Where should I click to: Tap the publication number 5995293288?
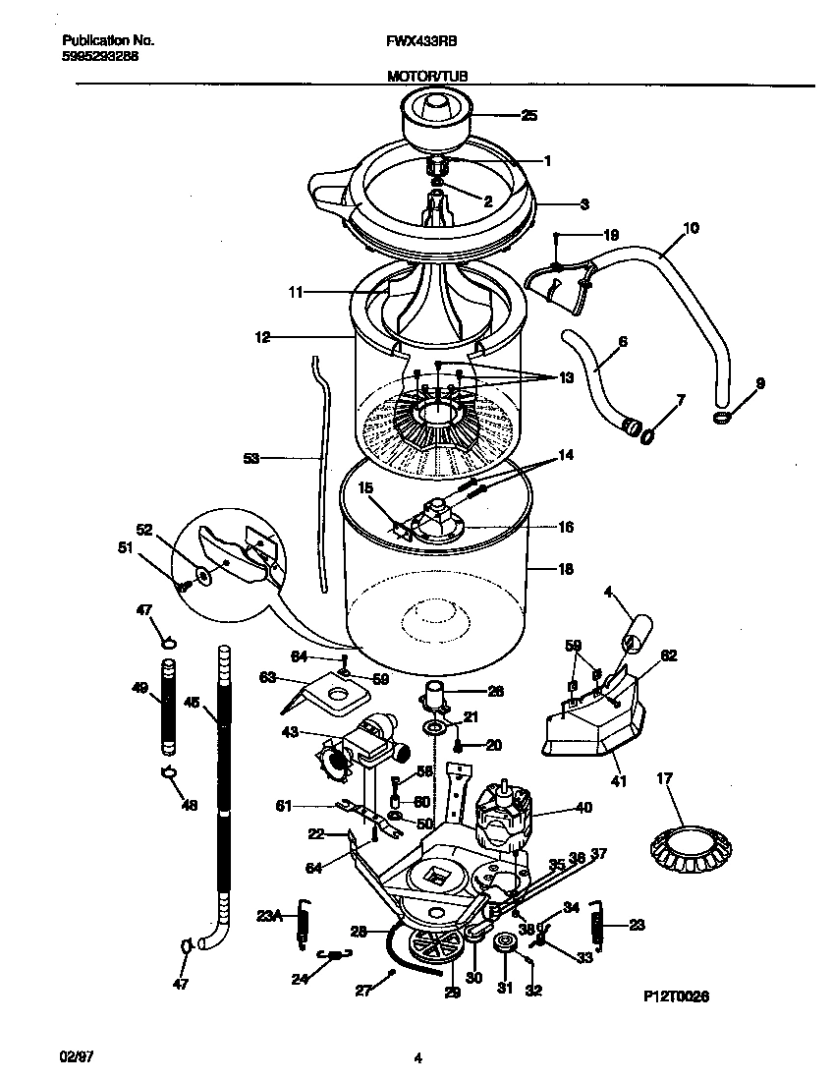click(x=99, y=57)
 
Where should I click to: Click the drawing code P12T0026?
click(x=676, y=996)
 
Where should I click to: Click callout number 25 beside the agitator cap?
click(x=528, y=116)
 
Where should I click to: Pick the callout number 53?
click(x=250, y=458)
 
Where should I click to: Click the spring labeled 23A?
click(x=305, y=926)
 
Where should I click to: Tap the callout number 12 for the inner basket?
click(x=261, y=337)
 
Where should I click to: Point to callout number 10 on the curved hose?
click(x=691, y=229)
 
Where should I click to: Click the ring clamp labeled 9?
click(x=722, y=420)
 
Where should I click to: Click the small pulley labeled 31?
click(x=506, y=944)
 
